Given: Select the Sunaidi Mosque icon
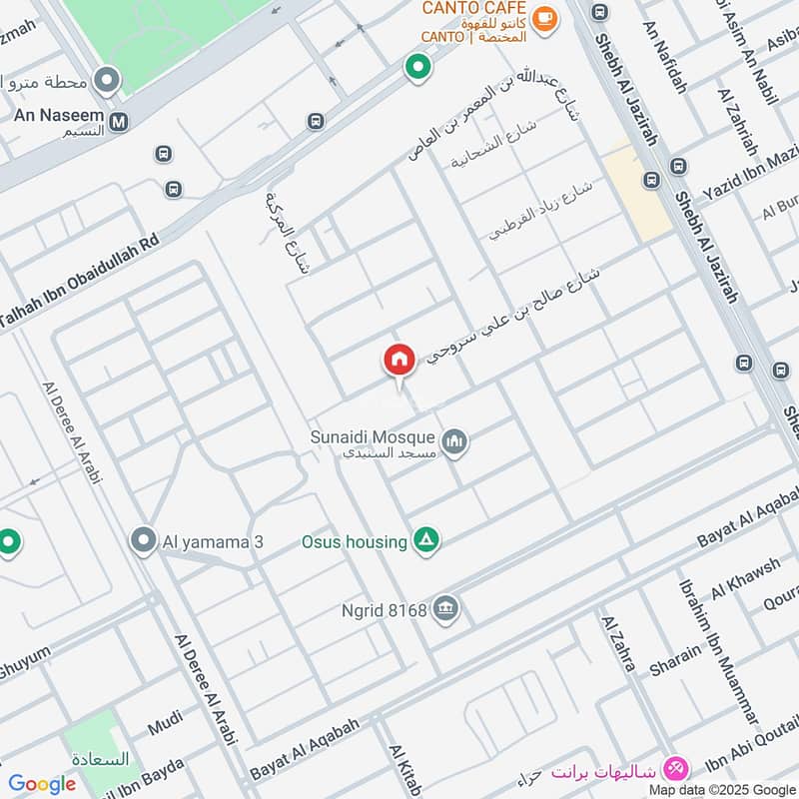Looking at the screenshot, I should (455, 440).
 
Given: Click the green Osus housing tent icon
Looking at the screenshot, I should (427, 541).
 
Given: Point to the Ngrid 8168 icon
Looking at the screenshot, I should (446, 608).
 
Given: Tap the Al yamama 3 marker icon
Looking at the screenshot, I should (143, 541).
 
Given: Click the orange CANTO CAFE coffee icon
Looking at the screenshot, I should (544, 18).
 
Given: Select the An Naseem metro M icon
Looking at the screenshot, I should (119, 123).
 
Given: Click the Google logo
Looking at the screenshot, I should (42, 784).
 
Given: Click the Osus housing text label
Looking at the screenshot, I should (354, 541).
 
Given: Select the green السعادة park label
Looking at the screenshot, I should (100, 759).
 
